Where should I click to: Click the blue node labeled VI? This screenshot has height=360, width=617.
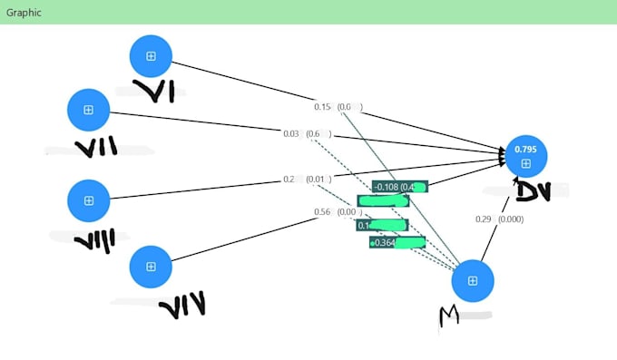(x=151, y=56)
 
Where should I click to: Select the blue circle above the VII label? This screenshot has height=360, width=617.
(x=88, y=110)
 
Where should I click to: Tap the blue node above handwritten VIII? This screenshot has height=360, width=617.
(x=88, y=200)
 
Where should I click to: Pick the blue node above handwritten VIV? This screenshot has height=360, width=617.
(x=151, y=266)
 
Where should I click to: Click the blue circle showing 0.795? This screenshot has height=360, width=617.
(x=524, y=157)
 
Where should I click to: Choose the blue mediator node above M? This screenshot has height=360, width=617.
(x=473, y=280)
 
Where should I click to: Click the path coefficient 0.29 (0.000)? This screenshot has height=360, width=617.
(x=499, y=219)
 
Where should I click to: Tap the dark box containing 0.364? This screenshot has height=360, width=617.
(x=397, y=242)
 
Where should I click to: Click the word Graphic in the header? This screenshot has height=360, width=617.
(x=24, y=13)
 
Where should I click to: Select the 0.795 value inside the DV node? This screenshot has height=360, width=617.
(x=524, y=149)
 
